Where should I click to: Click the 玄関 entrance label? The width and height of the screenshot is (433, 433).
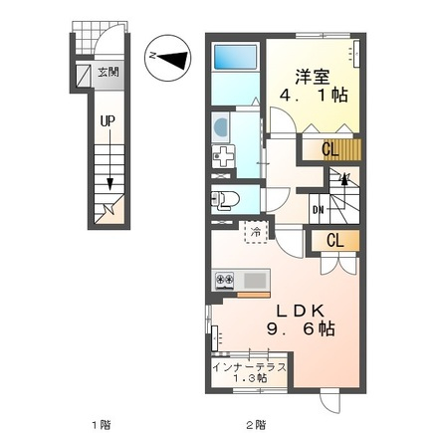(108, 72)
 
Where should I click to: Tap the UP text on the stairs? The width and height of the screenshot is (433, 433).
(108, 121)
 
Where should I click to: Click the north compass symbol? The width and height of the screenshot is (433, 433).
(168, 58)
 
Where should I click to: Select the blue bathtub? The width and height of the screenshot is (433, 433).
(236, 57)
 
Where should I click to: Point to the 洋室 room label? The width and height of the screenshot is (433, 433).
(313, 78)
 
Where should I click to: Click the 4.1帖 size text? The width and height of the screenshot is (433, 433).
(314, 96)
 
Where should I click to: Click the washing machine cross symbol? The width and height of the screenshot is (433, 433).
(223, 156)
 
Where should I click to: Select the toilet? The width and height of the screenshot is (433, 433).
(226, 199)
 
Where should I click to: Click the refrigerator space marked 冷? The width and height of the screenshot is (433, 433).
(256, 232)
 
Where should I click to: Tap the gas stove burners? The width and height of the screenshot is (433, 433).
(224, 281)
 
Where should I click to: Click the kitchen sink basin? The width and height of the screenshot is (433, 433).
(256, 281)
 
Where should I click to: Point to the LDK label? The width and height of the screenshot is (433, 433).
(301, 311)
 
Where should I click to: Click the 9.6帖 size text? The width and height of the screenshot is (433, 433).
(301, 329)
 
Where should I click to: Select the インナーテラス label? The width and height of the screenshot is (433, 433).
(249, 367)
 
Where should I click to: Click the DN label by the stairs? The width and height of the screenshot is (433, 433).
(319, 210)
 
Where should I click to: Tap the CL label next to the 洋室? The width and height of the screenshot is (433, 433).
(330, 150)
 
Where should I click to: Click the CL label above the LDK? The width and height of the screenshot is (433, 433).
(335, 241)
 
